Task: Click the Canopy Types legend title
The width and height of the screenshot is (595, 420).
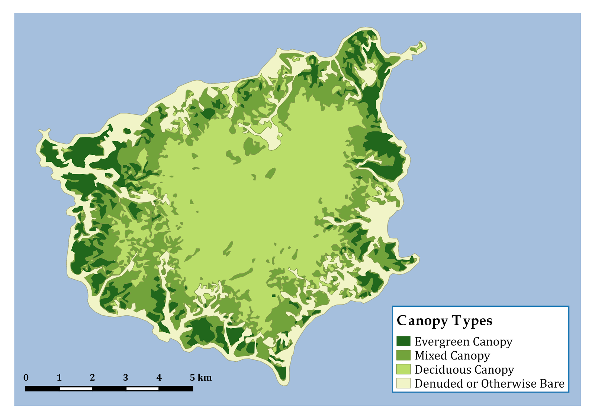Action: pyautogui.click(x=444, y=321)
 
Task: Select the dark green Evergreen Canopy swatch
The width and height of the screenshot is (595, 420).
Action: pyautogui.click(x=403, y=341)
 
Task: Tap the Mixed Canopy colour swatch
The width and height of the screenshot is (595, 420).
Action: pyautogui.click(x=403, y=355)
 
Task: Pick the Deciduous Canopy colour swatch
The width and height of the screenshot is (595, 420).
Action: pyautogui.click(x=403, y=369)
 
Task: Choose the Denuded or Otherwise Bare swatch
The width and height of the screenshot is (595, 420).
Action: pyautogui.click(x=403, y=383)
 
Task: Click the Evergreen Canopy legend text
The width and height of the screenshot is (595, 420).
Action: pyautogui.click(x=463, y=342)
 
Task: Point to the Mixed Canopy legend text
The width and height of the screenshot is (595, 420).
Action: pyautogui.click(x=452, y=356)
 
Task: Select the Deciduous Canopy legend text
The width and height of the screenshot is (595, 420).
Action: pyautogui.click(x=464, y=370)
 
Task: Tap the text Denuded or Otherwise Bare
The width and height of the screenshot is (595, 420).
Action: pyautogui.click(x=489, y=384)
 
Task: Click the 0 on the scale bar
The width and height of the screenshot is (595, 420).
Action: pyautogui.click(x=26, y=378)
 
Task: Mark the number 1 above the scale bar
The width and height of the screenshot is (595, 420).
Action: pyautogui.click(x=59, y=378)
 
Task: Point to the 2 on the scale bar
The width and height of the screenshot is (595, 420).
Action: pyautogui.click(x=92, y=378)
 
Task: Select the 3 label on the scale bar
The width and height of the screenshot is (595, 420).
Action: pyautogui.click(x=126, y=378)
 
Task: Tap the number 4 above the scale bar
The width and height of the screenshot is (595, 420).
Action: pyautogui.click(x=159, y=378)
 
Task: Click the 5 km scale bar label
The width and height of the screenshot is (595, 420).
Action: pyautogui.click(x=200, y=378)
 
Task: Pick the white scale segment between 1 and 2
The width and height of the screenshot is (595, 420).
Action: pyautogui.click(x=76, y=389)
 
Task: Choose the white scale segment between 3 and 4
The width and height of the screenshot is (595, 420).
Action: pyautogui.click(x=142, y=389)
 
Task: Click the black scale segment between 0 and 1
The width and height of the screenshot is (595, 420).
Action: pyautogui.click(x=42, y=389)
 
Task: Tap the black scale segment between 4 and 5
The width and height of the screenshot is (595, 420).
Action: pyautogui.click(x=176, y=389)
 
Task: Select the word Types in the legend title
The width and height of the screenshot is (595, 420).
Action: pyautogui.click(x=472, y=321)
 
